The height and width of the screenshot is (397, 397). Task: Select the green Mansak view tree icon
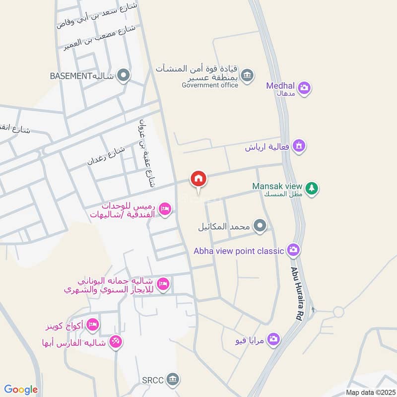pos(312,188)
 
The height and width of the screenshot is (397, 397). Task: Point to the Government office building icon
pos(248,75)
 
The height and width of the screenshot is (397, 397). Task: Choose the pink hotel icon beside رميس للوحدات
pos(165,210)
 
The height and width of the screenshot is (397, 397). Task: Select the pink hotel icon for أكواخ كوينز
pos(92,326)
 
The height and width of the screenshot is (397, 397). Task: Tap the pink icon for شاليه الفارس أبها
pos(116,342)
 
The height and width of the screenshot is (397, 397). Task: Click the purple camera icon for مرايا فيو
pos(272,340)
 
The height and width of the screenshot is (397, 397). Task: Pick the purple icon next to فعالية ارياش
pos(299,146)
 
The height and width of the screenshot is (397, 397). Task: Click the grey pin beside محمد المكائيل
pos(260,227)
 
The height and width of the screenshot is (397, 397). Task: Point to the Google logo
pos(21,390)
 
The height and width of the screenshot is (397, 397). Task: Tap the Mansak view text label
pos(277,186)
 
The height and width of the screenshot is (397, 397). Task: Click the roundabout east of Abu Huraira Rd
pos(338,312)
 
